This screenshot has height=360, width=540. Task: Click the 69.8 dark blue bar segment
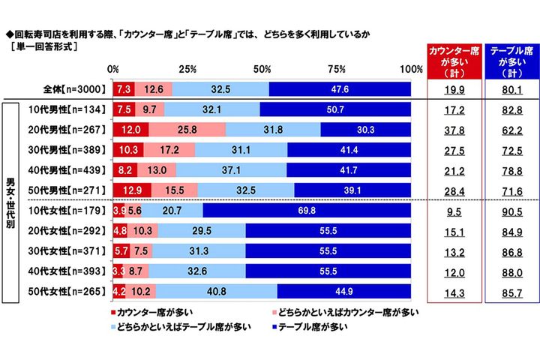307,212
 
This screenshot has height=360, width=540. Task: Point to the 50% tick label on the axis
262,69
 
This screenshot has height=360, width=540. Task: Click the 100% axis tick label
410,69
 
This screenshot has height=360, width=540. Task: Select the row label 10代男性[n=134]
66,109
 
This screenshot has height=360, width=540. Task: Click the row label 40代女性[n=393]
66,271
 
